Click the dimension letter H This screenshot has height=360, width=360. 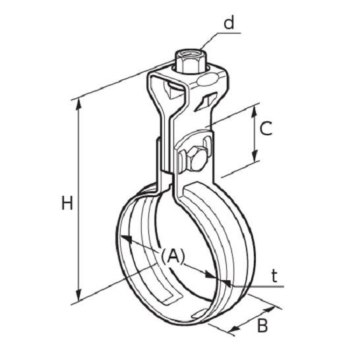(67, 202)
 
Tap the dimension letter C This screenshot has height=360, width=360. (266, 128)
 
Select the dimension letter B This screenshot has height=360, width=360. (262, 326)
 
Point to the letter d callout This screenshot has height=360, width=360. (229, 23)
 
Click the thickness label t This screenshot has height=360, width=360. (274, 276)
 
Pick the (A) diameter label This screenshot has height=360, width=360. (173, 256)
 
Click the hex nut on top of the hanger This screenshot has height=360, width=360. (191, 62)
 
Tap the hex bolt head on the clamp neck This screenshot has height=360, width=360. (196, 158)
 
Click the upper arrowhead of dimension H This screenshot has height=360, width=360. (78, 104)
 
